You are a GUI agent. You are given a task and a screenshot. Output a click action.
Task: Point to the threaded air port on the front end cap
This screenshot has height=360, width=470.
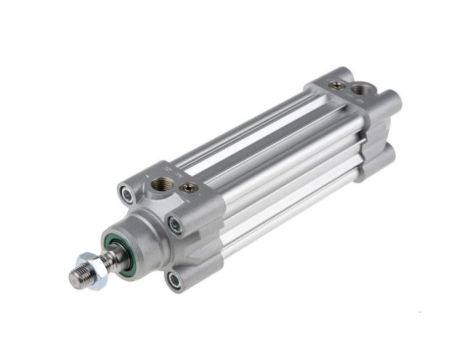pos(161,186)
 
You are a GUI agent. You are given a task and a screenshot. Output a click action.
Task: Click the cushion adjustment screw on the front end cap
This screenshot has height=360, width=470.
pos(187,187)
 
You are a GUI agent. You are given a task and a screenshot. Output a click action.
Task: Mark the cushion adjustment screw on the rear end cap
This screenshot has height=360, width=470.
pos(339,87)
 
